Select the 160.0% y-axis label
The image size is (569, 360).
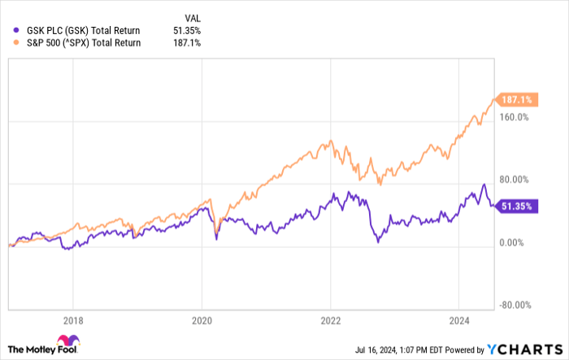[513, 116]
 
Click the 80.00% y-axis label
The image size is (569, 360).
[513, 180]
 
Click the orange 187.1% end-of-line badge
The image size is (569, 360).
[518, 99]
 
